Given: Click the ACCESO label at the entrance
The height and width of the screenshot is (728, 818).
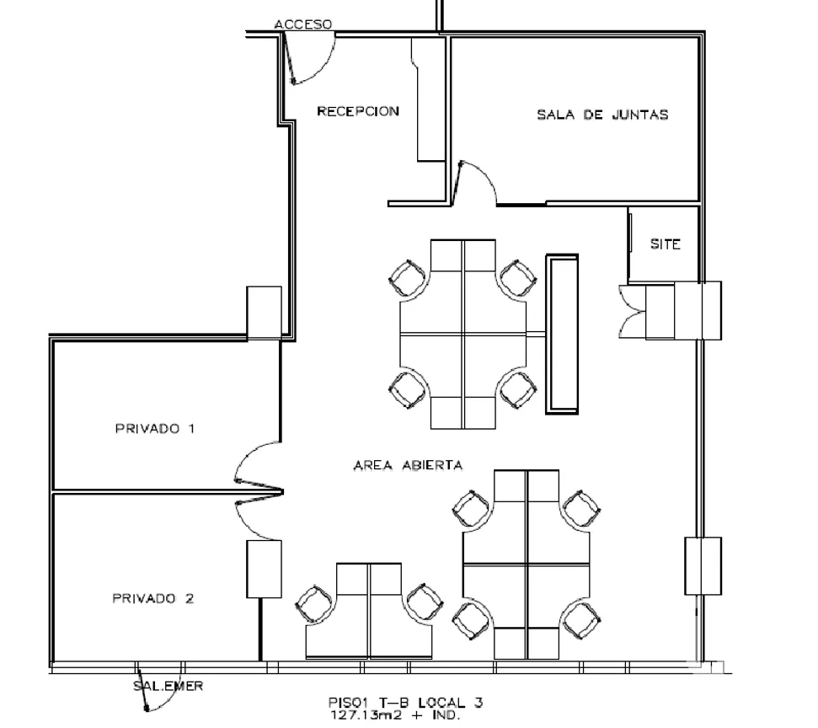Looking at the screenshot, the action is tap(303, 24).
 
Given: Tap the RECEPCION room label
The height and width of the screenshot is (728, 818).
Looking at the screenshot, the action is tap(358, 111).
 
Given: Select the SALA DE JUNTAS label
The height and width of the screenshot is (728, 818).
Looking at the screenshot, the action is tap(602, 115).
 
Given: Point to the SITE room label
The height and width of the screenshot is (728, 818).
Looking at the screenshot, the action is tap(666, 244).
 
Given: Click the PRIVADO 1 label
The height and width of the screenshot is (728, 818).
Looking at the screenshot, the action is tap(155, 428).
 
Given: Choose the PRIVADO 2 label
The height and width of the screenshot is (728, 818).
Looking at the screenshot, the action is tap(153, 598).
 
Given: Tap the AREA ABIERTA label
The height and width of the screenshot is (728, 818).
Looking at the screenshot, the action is tap(408, 465).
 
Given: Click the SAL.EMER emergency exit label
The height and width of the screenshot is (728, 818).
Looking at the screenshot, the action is tap(168, 686).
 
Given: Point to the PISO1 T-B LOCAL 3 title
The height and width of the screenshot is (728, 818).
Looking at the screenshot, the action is tap(405, 703).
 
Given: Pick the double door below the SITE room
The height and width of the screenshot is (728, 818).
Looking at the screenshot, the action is tap(632, 312).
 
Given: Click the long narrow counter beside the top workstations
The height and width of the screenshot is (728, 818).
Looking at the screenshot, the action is tap(562, 334).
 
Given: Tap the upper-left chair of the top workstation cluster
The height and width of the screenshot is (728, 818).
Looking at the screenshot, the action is tap(408, 278).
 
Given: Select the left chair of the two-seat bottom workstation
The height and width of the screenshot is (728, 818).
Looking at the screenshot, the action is tap(314, 604).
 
